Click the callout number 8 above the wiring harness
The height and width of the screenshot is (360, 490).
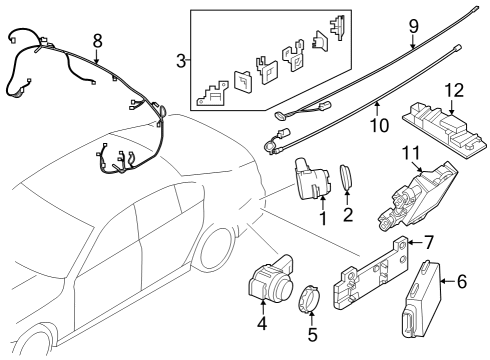96,41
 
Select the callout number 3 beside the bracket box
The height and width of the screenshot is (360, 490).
180,62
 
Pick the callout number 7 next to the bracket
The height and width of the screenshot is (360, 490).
429,242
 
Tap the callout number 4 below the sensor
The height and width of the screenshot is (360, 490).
262,323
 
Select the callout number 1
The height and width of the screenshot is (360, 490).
322,218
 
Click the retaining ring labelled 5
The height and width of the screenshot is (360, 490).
308,297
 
